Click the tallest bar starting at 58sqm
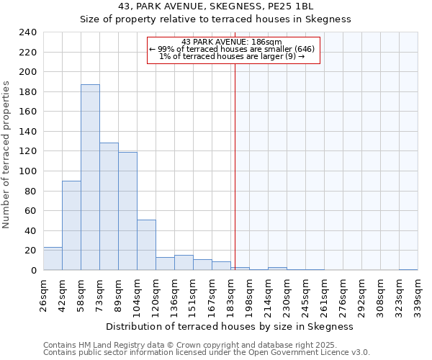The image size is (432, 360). click(90, 177)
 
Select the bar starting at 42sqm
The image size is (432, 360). click(71, 225)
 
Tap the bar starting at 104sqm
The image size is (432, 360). click(146, 245)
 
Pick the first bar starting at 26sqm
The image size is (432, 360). click(53, 258)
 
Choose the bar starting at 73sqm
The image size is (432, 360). click(109, 207)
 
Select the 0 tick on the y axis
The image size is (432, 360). click(33, 271)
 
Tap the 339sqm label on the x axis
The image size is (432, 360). click(418, 295)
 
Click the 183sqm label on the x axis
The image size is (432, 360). click(230, 295)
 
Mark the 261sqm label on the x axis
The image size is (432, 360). click(324, 295)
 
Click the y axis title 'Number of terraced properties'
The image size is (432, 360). click(6, 155)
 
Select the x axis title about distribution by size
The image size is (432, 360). click(229, 326)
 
